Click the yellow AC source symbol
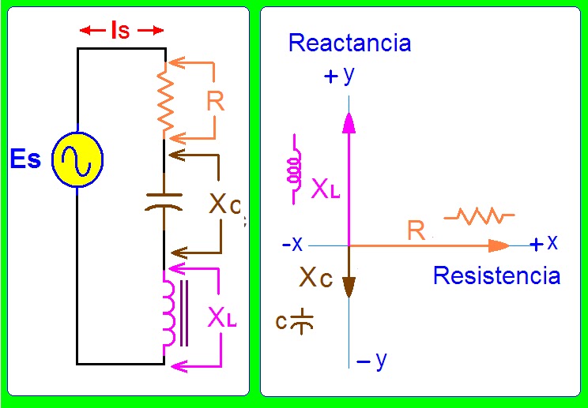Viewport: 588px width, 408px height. [77, 159]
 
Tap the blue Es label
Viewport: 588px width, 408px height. [25, 159]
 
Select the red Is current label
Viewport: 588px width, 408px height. [121, 30]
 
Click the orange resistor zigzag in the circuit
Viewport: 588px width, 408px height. [165, 99]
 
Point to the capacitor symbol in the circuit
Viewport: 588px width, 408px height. [164, 201]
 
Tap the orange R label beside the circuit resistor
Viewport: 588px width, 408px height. [216, 100]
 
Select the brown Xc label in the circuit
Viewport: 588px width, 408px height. [224, 204]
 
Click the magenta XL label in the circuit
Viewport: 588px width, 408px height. [222, 319]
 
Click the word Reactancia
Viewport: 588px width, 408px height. [350, 43]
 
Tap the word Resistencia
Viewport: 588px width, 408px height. [497, 276]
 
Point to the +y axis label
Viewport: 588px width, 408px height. [339, 76]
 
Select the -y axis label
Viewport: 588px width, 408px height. [371, 361]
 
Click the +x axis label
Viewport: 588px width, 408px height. [544, 243]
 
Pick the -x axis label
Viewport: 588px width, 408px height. [292, 245]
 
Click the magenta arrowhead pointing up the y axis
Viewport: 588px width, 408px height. [349, 122]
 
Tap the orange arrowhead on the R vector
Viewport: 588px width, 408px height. [499, 245]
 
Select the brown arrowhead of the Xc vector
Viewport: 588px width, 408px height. [349, 287]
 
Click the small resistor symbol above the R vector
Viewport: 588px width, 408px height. [479, 216]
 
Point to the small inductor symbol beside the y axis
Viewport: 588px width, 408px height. [295, 169]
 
